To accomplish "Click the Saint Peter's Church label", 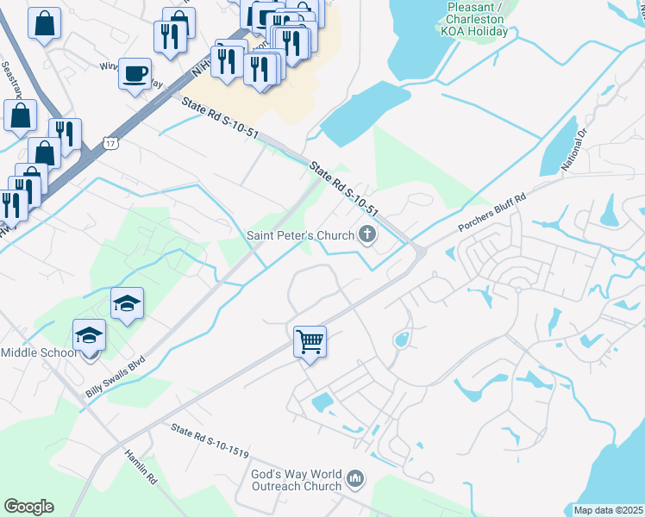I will [301, 235].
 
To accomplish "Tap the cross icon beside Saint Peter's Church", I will [368, 234].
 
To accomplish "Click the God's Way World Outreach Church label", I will [296, 480].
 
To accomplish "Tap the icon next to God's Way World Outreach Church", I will [355, 477].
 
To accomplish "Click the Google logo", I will [28, 507].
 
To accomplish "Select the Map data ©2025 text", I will [608, 510].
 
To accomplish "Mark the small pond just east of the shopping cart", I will [401, 340].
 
